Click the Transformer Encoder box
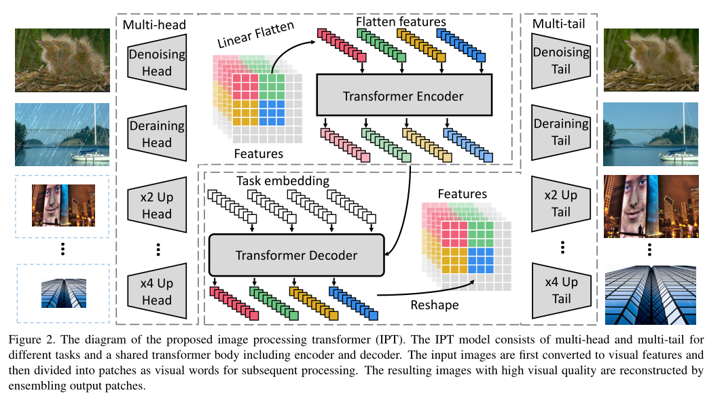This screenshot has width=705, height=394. pos(403,96)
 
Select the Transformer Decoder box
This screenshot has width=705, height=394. pos(296,255)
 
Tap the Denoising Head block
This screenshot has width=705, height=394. pos(157,62)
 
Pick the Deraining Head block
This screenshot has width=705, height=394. pos(157,134)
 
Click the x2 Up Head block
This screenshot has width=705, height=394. pos(157,205)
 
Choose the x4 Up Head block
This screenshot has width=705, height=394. pos(157,292)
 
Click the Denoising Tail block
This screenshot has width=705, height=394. pos(560,61)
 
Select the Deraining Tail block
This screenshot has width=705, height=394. pos(560,132)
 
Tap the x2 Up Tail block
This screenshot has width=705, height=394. pos(560,203)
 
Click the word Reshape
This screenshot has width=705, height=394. pos(434,304)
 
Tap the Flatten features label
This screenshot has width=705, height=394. pos(401,22)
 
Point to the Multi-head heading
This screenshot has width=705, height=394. pos(155,25)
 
